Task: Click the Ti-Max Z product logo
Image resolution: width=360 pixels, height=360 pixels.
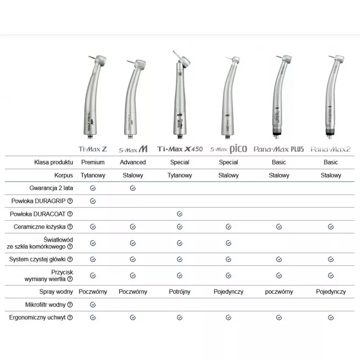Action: [93, 148]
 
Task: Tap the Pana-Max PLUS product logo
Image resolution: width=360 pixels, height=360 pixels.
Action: [279, 148]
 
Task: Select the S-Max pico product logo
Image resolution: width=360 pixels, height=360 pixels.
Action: [228, 148]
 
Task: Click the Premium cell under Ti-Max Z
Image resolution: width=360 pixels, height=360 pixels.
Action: [93, 162]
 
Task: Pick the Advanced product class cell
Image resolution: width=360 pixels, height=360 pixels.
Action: [133, 162]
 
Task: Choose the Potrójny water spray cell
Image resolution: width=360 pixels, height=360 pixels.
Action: [179, 292]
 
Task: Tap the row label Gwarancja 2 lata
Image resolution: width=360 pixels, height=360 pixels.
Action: [49, 188]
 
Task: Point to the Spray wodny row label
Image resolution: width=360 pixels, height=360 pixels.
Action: [55, 292]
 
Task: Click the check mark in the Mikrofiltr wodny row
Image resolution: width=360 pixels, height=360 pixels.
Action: [93, 305]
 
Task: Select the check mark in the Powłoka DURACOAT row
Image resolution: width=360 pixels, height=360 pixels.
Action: [179, 214]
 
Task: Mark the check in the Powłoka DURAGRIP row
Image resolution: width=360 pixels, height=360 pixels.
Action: [93, 201]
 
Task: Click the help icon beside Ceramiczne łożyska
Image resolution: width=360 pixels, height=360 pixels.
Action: [70, 227]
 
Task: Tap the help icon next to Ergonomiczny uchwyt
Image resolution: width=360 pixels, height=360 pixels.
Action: [70, 318]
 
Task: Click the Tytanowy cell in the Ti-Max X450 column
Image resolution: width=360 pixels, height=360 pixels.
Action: [179, 175]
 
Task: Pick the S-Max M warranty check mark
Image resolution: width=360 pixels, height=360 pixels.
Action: [133, 188]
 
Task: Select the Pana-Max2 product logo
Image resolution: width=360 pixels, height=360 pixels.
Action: [331, 148]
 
